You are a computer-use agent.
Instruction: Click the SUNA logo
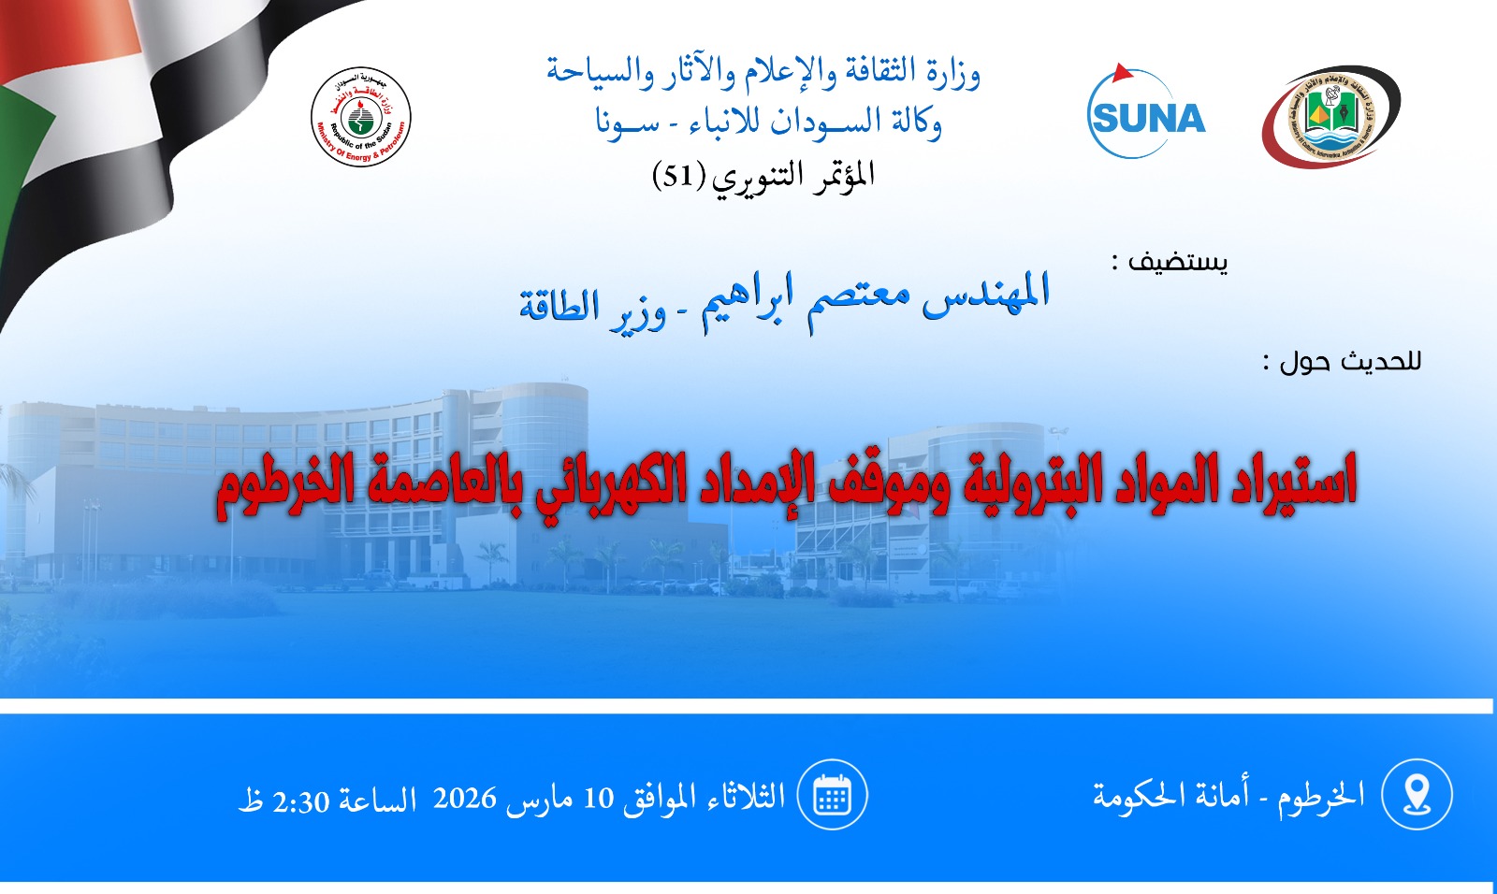click(x=1145, y=111)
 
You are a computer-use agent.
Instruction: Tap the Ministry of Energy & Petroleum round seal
click(x=361, y=116)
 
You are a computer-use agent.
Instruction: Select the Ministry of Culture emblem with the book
click(x=1330, y=116)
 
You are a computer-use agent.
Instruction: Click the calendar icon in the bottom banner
click(x=832, y=794)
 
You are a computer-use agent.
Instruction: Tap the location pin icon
click(x=1417, y=794)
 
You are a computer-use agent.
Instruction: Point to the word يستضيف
click(x=1178, y=261)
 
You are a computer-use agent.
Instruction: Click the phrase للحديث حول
click(x=1349, y=362)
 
